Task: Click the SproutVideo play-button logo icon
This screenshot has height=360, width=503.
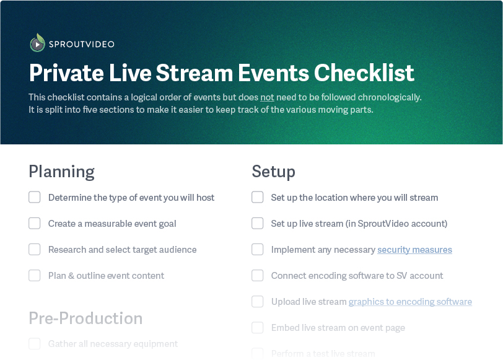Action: click(37, 43)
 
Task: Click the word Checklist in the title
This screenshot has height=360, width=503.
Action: click(364, 73)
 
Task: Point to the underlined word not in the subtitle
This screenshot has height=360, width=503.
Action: click(267, 97)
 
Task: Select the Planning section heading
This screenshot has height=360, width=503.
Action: click(61, 171)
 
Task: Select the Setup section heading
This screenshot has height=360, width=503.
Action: click(273, 171)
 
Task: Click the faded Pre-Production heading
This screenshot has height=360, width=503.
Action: click(85, 318)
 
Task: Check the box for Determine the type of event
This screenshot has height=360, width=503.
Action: click(35, 198)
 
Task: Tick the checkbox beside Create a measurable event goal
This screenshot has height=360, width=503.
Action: click(35, 224)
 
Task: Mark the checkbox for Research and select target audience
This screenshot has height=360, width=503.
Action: click(35, 250)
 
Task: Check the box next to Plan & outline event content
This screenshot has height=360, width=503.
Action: click(35, 276)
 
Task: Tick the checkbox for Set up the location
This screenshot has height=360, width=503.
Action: click(258, 198)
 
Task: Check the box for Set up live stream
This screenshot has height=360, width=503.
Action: click(258, 224)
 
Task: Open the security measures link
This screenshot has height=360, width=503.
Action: click(414, 250)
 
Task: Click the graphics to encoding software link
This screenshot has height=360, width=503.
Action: click(410, 302)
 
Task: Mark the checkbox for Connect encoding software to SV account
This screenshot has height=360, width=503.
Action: click(258, 276)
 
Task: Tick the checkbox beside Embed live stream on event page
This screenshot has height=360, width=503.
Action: click(258, 328)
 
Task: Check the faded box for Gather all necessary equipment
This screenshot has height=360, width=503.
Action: click(35, 344)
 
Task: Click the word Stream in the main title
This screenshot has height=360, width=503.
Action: click(196, 73)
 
